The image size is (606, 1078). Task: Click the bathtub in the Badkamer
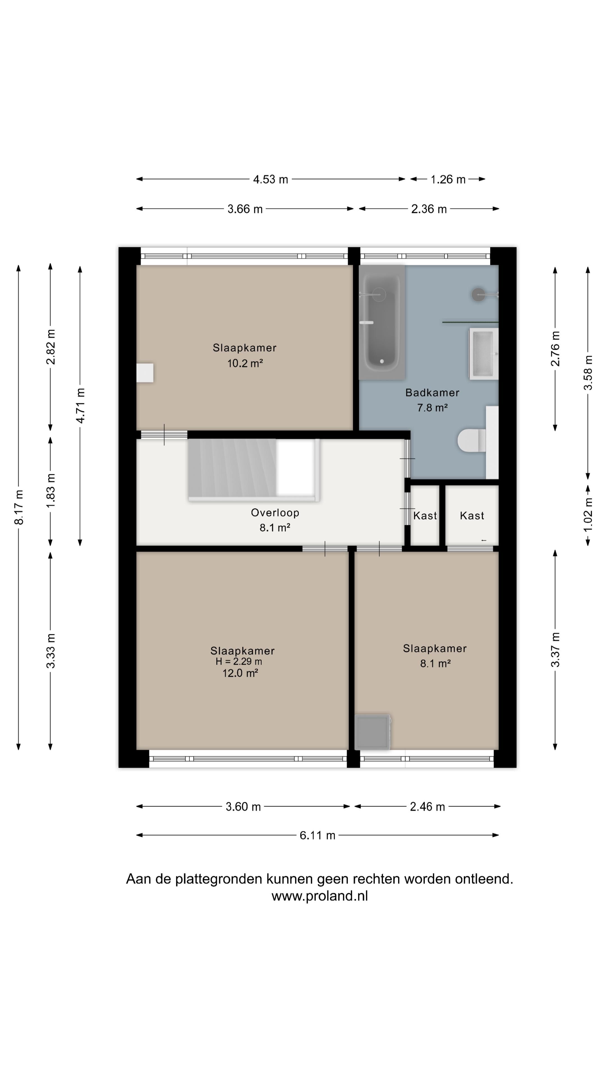[x=382, y=322]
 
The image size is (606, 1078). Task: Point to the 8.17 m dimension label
[x=19, y=507]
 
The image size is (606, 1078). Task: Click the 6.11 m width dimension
[x=317, y=835]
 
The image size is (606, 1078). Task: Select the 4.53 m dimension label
[x=270, y=179]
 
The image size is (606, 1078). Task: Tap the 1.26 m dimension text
[x=448, y=179]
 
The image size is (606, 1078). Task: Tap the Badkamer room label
[x=432, y=392]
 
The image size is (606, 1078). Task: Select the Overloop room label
[x=275, y=513]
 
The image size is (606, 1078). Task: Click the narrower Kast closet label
[x=425, y=516]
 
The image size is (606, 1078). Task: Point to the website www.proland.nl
[x=320, y=896]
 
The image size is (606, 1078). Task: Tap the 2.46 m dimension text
[x=427, y=807]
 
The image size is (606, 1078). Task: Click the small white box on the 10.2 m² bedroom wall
[x=145, y=373]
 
